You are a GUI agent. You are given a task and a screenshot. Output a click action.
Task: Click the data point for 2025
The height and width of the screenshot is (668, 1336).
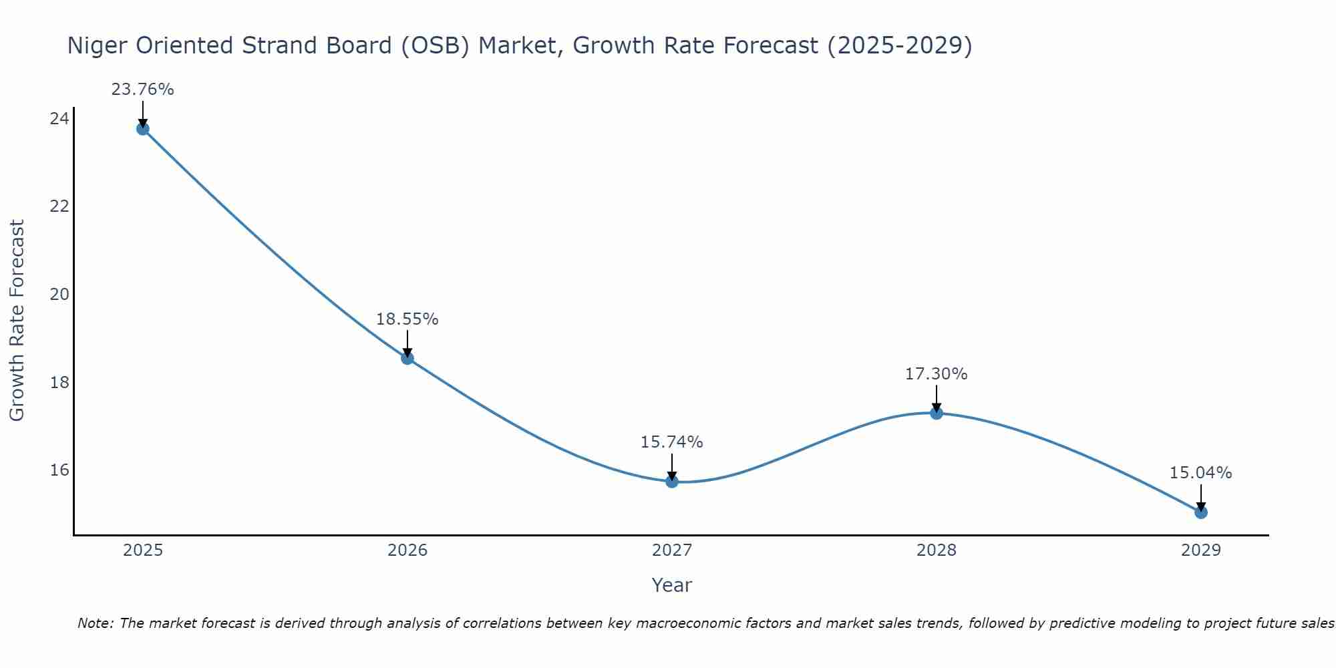tap(142, 129)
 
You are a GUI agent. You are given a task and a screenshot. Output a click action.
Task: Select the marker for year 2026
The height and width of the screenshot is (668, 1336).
tap(407, 358)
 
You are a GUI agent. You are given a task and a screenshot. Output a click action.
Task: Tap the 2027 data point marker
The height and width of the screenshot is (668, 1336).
tap(671, 482)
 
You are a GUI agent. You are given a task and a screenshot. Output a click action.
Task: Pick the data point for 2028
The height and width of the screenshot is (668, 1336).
tap(936, 413)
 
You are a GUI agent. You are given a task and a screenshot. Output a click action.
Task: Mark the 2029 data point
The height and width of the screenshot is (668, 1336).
tap(1200, 512)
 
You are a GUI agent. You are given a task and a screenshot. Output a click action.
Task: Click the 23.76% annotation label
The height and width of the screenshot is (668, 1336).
tap(142, 90)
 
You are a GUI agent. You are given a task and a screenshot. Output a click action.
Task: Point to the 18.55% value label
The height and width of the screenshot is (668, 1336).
tap(407, 319)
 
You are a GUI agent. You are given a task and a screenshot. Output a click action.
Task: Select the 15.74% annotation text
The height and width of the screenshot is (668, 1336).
tap(671, 442)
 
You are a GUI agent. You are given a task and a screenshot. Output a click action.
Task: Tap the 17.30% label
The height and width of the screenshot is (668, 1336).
tap(936, 374)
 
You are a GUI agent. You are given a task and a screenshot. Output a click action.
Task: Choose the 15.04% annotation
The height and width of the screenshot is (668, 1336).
tap(1200, 473)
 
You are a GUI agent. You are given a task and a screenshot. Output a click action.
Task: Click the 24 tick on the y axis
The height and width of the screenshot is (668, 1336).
tap(59, 119)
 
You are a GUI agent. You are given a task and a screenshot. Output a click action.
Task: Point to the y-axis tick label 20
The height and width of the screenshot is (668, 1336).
tap(59, 295)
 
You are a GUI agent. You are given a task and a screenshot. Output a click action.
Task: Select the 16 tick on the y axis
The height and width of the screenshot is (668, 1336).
tap(59, 470)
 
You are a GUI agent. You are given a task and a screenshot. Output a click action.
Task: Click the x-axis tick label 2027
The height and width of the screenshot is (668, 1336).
tap(671, 550)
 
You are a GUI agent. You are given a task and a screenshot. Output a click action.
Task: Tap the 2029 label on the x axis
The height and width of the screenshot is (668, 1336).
tap(1200, 550)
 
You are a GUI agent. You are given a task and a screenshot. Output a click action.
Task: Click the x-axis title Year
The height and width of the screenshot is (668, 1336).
tap(671, 585)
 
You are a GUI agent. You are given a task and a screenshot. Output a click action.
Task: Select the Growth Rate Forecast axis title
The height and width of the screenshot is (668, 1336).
tap(17, 321)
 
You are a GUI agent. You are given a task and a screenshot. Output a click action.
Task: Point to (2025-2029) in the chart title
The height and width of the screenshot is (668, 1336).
tap(899, 45)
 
